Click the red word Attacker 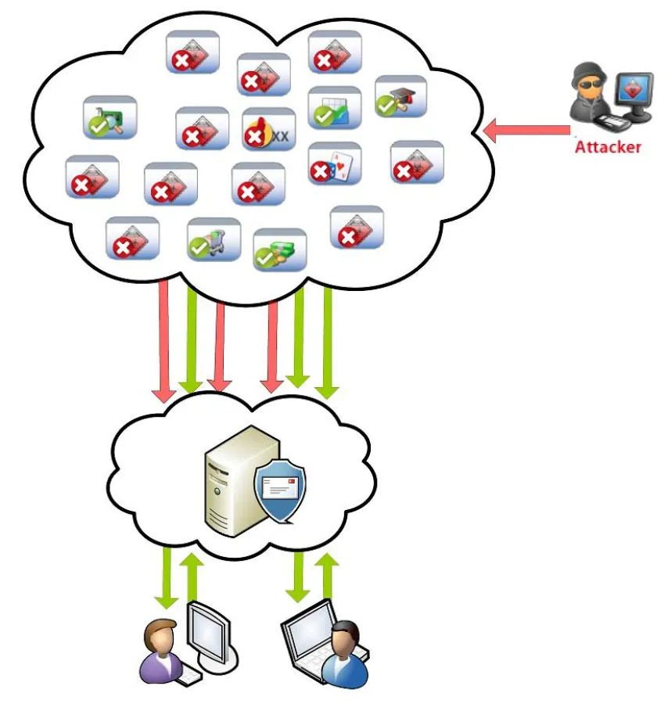coord(607,146)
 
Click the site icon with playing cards coord(335,163)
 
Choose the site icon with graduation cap coord(401,96)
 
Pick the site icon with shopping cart coord(214,239)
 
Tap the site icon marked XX coord(269,129)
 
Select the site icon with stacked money coord(280,250)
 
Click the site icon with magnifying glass coord(110,117)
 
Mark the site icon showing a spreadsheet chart coord(335,108)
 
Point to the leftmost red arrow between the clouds coord(164,341)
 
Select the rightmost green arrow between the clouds coord(328,341)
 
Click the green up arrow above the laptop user coord(328,578)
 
